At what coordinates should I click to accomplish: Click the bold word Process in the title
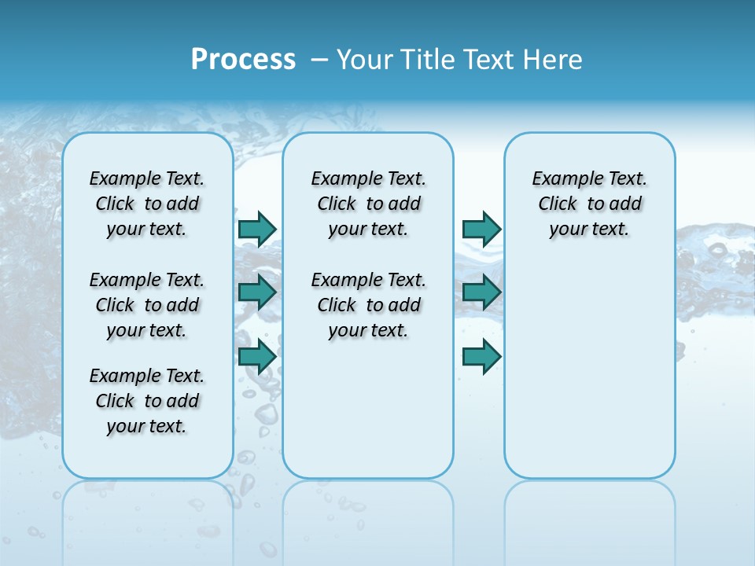[x=243, y=60]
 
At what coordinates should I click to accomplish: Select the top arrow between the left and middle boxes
[x=257, y=229]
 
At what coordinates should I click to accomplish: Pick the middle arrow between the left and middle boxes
[x=257, y=292]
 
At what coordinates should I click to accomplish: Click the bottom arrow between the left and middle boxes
[x=257, y=357]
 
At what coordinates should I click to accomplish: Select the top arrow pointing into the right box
[x=481, y=229]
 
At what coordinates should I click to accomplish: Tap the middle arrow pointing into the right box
[x=481, y=292]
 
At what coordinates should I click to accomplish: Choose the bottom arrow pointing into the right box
[x=481, y=357]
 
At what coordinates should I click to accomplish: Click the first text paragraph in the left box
[x=147, y=204]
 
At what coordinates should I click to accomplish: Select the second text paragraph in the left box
[x=147, y=305]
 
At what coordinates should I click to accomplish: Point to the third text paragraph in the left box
[x=147, y=401]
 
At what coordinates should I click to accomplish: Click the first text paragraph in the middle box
[x=368, y=204]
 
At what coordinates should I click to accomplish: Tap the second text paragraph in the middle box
[x=368, y=305]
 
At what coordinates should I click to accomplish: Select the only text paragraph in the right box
[x=590, y=204]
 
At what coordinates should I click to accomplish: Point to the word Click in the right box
[x=558, y=204]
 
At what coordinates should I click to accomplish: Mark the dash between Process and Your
[x=319, y=60]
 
